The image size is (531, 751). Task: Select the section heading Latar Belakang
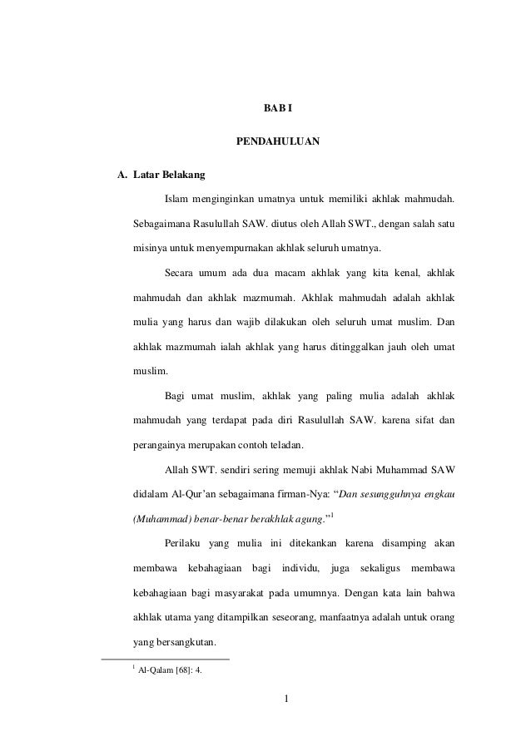coord(170,175)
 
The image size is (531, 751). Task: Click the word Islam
coord(176,200)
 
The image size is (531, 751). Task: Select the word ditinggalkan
coord(332,344)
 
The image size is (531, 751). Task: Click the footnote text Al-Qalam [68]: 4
coord(169,669)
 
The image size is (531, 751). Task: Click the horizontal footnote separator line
coord(164,658)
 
